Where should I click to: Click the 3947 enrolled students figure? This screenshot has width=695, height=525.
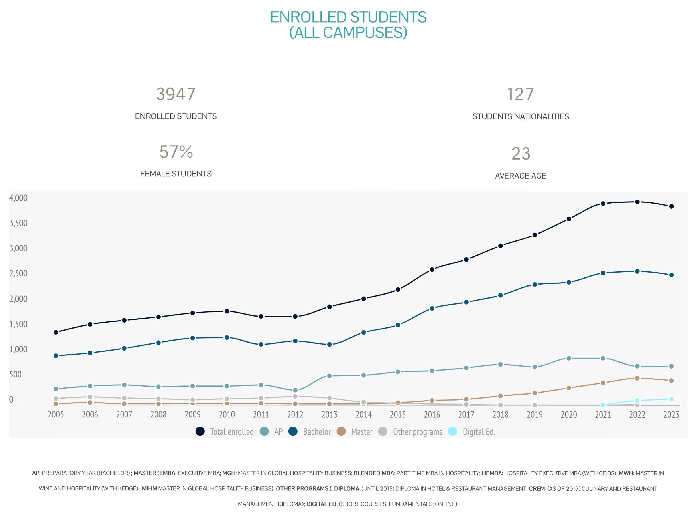coord(176,94)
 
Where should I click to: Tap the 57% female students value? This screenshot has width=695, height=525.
coord(176,152)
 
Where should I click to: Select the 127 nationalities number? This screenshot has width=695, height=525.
coord(520,94)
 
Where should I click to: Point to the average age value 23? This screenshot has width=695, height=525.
coord(521,154)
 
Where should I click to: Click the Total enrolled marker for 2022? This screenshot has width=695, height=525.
coord(637,202)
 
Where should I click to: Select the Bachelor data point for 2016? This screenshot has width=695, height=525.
coord(432,309)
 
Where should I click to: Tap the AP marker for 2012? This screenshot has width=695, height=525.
coord(295,390)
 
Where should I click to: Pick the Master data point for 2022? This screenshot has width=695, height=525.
coord(637,379)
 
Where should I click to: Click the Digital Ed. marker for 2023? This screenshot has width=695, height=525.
coord(671,399)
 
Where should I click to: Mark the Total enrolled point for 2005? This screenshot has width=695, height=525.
coord(56,333)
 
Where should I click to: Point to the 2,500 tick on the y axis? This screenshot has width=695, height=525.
coord(18,273)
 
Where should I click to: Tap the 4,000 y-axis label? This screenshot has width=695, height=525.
coord(18,198)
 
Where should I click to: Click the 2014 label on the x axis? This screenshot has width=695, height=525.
coord(363,415)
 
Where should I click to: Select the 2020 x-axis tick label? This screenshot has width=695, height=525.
coord(569,415)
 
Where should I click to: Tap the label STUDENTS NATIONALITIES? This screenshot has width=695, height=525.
coord(520,116)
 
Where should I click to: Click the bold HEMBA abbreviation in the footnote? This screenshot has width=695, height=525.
coord(492,473)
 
